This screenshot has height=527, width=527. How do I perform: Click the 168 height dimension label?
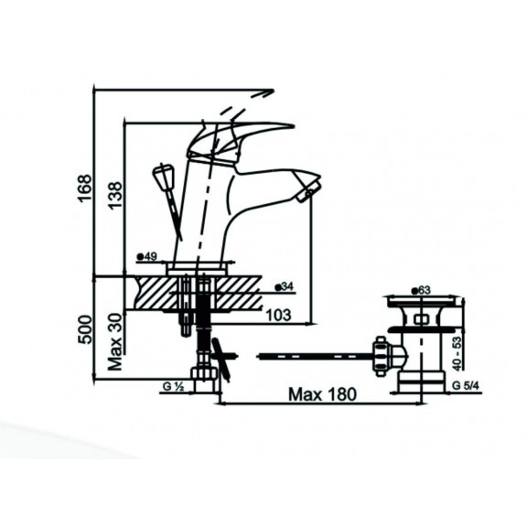pos(84,188)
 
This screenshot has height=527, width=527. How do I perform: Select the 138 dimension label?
pos(115,195)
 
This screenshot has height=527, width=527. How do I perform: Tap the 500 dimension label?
pos(84,329)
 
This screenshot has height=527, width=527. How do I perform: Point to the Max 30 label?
pos(115,342)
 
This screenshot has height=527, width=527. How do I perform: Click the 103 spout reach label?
pos(278,315)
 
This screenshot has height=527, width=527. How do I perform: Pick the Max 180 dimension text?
pos(322,394)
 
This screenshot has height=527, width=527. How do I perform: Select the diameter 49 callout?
pos(147,257)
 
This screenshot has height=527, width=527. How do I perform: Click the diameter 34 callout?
pos(284,286)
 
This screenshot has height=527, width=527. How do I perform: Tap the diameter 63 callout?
pos(421,290)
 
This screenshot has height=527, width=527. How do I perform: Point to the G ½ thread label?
pos(173,387)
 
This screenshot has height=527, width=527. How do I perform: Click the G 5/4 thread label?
pos(466,386)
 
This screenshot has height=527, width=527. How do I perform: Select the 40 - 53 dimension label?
pos(457,354)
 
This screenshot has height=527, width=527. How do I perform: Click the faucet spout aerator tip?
pos(308,192)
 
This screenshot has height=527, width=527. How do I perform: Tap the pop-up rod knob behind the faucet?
pos(164,176)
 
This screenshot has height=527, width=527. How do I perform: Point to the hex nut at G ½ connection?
pos(204,374)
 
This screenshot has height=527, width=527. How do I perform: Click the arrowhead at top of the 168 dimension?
pos(270,91)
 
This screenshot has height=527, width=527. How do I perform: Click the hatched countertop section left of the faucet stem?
pos(156,292)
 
